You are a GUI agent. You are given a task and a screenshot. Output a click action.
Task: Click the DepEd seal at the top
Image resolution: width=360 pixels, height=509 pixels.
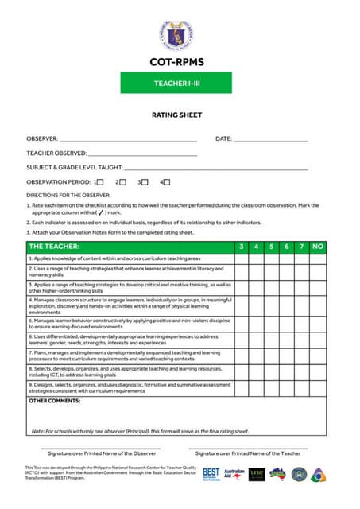(176, 36)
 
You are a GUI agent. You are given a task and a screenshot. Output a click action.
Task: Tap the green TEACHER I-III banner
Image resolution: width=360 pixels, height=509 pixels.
(176, 83)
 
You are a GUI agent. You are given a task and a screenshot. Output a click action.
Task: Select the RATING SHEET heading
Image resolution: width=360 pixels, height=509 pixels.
(176, 115)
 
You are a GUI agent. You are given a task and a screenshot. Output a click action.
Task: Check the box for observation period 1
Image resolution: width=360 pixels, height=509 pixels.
(100, 182)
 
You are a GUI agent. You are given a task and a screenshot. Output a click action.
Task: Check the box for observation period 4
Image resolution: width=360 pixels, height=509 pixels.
(167, 182)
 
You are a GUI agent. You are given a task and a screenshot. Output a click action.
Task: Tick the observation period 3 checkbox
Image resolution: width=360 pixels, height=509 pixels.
(145, 182)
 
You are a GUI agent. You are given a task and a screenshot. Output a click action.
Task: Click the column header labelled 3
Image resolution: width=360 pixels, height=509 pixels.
(242, 247)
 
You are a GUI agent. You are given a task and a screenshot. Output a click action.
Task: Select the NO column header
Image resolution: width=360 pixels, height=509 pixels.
(318, 247)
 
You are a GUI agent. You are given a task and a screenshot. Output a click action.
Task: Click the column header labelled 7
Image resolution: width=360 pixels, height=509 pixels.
(300, 247)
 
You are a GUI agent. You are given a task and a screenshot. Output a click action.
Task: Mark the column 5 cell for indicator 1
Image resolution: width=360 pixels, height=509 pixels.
(271, 258)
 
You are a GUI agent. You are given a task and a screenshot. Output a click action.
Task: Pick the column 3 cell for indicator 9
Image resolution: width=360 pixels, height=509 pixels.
(242, 388)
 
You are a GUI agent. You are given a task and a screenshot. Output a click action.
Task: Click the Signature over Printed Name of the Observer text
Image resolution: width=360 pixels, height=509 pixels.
(96, 453)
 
